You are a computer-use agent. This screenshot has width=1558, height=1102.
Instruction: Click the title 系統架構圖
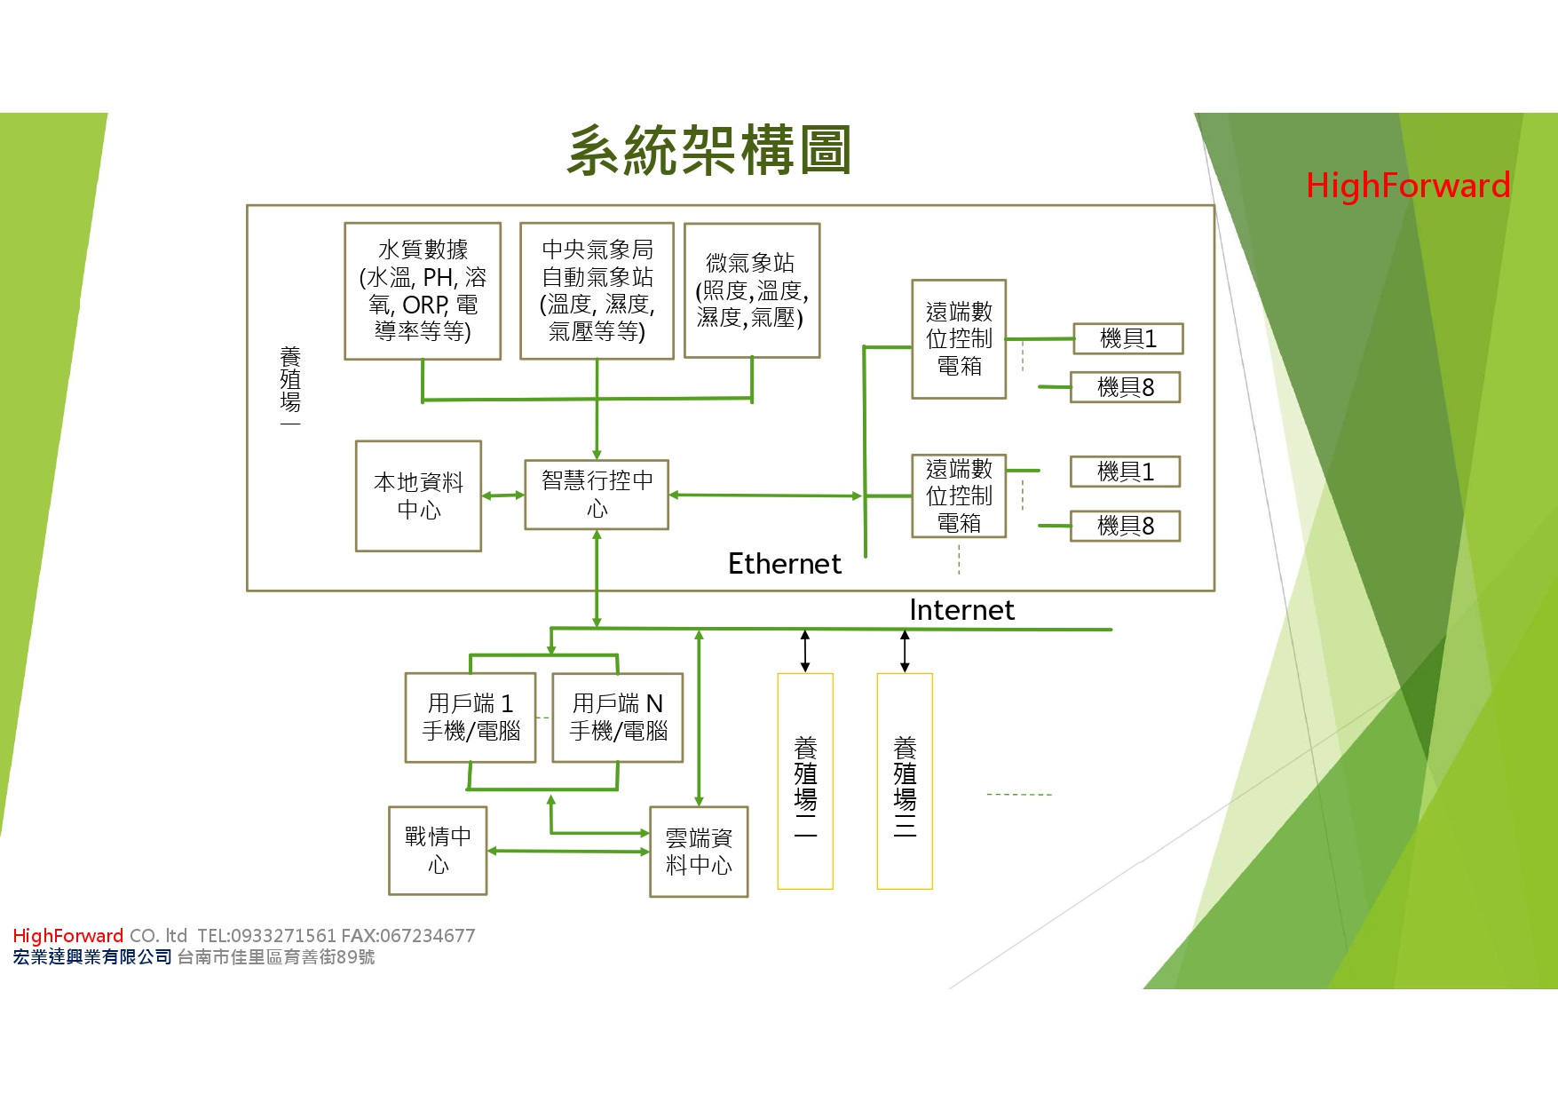tap(708, 151)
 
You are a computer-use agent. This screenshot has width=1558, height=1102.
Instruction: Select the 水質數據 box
tap(423, 290)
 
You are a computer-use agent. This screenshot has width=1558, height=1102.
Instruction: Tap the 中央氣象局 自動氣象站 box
tap(597, 290)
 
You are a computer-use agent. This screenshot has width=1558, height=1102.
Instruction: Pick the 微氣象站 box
tap(751, 290)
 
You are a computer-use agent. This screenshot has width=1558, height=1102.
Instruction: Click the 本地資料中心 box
tap(418, 496)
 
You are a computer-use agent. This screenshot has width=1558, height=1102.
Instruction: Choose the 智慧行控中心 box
tap(597, 495)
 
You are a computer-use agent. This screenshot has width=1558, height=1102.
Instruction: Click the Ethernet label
tap(784, 564)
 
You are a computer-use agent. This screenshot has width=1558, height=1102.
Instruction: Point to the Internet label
tap(961, 610)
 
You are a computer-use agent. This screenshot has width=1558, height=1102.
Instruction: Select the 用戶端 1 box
tap(471, 717)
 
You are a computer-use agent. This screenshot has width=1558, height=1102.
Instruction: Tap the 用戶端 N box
tap(618, 717)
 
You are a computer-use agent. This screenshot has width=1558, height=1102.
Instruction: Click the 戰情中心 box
tap(438, 850)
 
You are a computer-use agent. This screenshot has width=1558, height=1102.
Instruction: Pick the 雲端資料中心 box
tap(699, 851)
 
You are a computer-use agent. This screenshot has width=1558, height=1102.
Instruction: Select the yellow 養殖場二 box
tap(805, 781)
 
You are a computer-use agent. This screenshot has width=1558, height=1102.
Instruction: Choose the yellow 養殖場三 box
tap(905, 781)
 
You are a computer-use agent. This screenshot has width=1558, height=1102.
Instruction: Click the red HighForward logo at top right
tap(1408, 186)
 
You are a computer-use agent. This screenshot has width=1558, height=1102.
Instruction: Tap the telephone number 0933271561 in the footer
tap(283, 936)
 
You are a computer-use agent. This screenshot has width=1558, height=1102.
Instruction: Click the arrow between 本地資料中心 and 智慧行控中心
tap(503, 496)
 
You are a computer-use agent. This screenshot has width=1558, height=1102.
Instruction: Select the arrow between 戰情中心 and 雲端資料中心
tap(568, 851)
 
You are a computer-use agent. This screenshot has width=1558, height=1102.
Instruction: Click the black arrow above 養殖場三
tap(905, 651)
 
